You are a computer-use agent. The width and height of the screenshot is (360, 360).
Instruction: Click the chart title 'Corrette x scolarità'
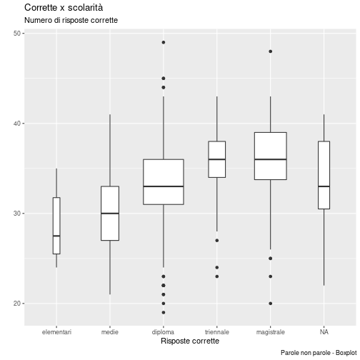point(64,8)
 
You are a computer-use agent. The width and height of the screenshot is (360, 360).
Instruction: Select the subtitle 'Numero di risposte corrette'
point(71,20)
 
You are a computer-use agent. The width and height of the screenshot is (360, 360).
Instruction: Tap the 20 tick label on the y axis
point(17,304)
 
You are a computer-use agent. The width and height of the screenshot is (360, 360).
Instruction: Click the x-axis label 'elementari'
point(56,332)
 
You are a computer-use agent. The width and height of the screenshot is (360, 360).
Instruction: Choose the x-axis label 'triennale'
point(217,332)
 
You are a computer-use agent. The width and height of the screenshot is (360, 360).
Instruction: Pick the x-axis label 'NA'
point(324,332)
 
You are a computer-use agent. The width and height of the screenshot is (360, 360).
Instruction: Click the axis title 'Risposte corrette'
point(190,341)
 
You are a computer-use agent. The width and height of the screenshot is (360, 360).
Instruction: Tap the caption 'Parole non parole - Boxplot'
point(319,353)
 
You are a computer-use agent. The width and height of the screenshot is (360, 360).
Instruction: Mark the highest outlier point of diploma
point(164,42)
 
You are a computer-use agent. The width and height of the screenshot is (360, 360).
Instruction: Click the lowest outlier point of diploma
point(164,312)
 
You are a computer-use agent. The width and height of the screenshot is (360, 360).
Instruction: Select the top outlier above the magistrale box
point(271,51)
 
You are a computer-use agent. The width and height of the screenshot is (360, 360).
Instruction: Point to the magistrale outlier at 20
point(271,304)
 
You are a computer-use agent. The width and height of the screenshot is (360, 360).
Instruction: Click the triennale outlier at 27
point(217,241)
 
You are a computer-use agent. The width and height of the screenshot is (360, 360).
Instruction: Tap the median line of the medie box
point(110,214)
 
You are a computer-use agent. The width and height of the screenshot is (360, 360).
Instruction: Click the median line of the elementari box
point(56,236)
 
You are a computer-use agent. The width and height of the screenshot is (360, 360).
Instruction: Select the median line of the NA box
point(324,186)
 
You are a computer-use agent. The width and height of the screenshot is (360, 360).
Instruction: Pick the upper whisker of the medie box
point(110,150)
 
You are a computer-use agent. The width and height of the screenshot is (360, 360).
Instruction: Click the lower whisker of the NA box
point(324,247)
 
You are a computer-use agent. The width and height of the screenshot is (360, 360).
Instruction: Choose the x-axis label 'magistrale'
point(271,332)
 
